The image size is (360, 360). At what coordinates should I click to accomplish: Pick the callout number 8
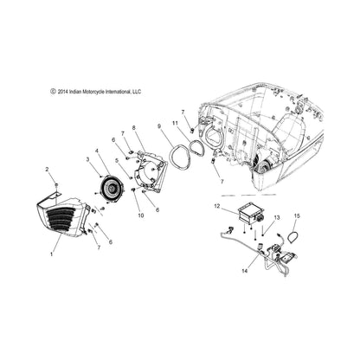coord(133,127)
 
